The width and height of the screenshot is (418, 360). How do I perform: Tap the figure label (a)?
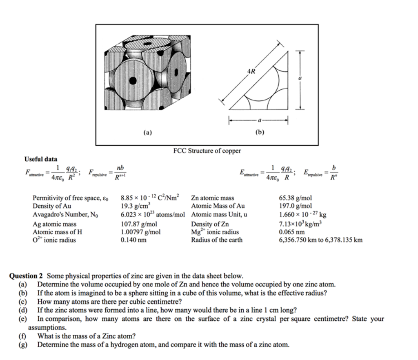(x=147, y=132)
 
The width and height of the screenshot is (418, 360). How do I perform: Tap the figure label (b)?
(x=258, y=132)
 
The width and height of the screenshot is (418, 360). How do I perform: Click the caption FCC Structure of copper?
(x=207, y=151)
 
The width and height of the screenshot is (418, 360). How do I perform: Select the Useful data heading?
(x=41, y=159)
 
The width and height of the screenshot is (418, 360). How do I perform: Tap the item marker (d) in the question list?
(x=23, y=310)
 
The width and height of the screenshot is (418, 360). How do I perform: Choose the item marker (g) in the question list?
(x=23, y=344)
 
